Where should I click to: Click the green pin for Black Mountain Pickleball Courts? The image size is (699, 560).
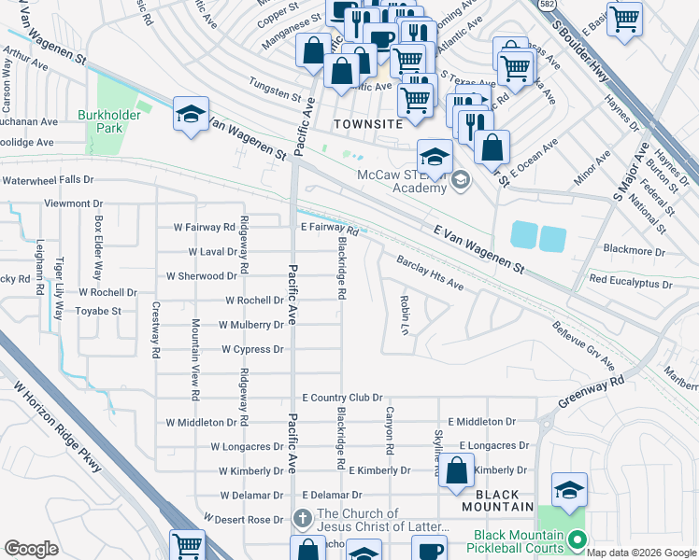coord(577,539)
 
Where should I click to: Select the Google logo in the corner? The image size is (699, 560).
coord(32,549)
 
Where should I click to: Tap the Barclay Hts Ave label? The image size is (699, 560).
coord(430,272)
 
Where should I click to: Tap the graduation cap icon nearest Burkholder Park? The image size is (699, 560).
coord(191,116)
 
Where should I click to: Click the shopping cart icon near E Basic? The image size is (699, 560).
coord(624,19)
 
